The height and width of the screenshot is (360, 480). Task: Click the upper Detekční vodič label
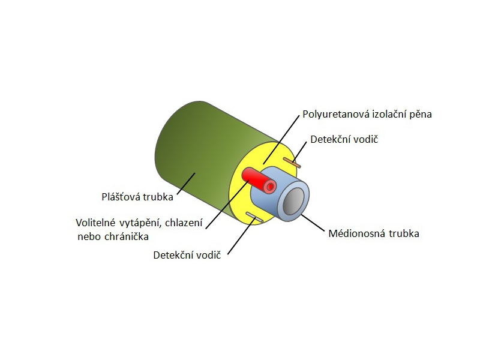344,140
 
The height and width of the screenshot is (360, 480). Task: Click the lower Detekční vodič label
187,256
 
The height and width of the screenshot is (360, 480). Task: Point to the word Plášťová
121,196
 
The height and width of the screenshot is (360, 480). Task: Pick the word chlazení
184,223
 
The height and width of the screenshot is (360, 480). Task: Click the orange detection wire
292,163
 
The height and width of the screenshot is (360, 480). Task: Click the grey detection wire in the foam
254,217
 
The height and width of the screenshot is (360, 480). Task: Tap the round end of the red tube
270,187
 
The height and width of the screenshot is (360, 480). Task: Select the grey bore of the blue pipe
293,202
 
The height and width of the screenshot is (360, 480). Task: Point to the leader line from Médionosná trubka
312,223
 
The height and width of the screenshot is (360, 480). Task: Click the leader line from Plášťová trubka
186,183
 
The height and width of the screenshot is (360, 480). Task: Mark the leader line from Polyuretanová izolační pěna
281,139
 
